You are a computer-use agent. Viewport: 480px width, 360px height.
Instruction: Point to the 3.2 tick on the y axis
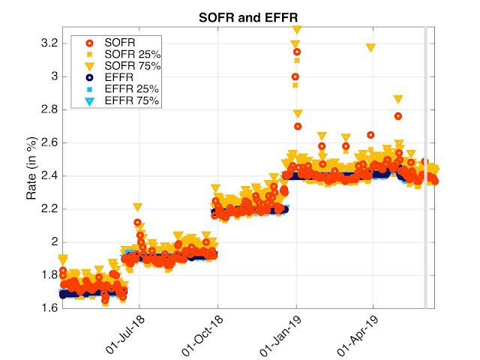[49, 43]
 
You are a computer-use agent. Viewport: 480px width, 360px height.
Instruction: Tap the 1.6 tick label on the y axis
[49, 307]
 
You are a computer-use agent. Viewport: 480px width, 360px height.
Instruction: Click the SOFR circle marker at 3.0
[295, 76]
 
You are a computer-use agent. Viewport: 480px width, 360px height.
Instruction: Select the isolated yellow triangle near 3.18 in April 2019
[370, 47]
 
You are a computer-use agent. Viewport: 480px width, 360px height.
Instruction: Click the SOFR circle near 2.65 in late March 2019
[370, 135]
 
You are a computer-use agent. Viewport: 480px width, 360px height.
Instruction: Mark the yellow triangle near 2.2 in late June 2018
[138, 207]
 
